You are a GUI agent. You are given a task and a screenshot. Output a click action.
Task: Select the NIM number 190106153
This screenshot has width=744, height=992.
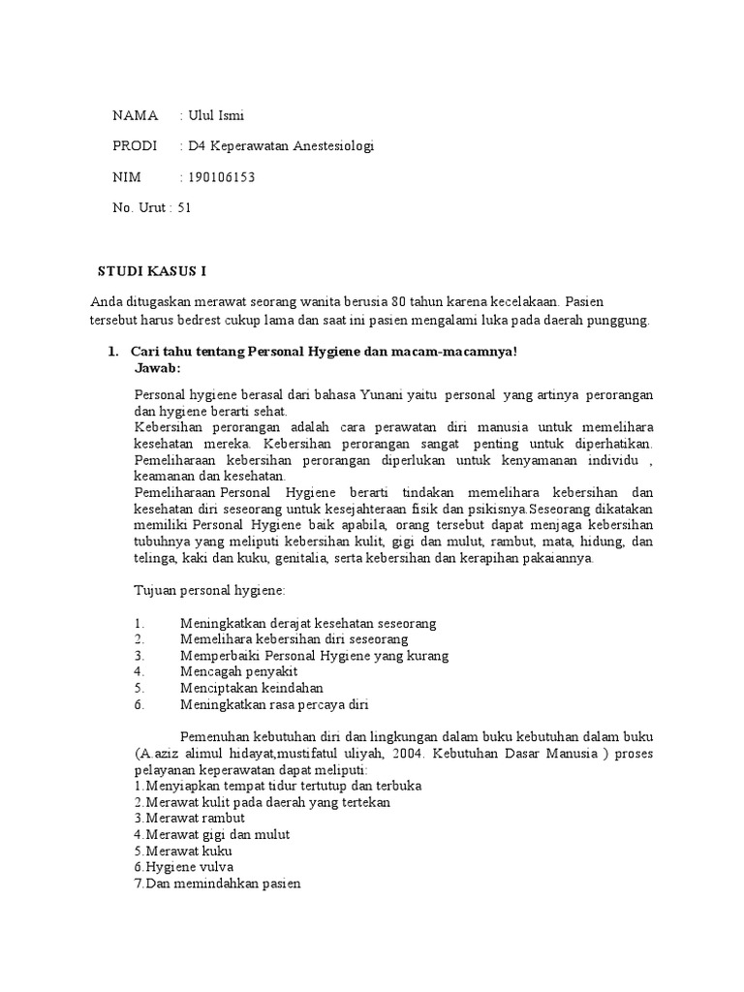tap(224, 177)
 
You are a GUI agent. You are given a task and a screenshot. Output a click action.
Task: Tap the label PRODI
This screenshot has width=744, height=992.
tap(135, 146)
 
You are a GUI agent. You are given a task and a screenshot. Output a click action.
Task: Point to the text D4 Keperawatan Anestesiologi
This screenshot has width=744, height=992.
tap(281, 146)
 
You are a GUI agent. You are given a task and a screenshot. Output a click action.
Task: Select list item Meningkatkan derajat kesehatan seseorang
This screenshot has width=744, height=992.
tap(308, 622)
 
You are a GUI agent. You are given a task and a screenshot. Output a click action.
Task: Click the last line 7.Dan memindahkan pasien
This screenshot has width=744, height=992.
tap(218, 883)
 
